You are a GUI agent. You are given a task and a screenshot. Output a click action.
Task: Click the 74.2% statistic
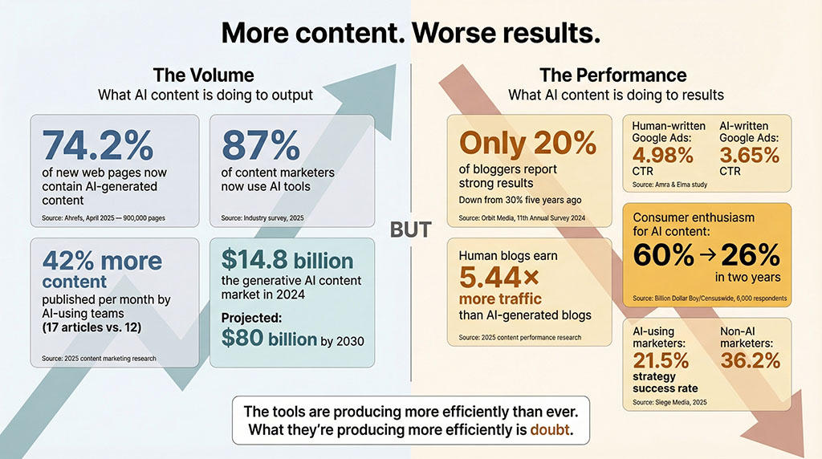[98, 146]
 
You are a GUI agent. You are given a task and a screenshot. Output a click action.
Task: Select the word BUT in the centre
[410, 230]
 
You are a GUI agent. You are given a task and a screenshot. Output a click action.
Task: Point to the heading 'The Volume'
[203, 75]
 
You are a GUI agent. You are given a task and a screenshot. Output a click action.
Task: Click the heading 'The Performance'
[612, 75]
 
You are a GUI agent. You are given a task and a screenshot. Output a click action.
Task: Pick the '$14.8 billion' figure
[287, 261]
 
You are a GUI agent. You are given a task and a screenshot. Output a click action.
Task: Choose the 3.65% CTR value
[748, 156]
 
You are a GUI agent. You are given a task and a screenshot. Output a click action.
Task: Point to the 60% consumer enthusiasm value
[662, 255]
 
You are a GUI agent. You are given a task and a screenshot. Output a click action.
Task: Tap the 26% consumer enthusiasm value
[750, 255]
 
